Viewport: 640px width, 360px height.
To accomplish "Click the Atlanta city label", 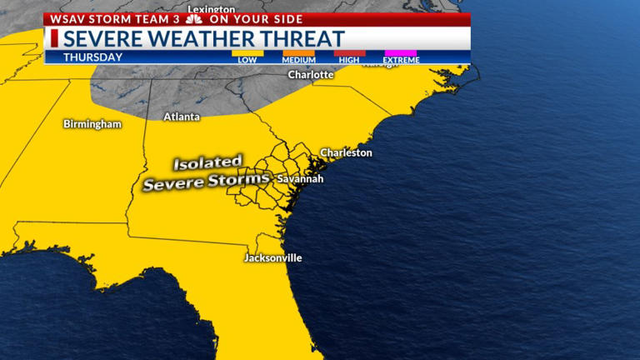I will click(182, 117).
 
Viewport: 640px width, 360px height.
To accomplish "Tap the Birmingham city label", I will click(92, 124).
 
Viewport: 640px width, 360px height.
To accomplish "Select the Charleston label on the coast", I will click(347, 153).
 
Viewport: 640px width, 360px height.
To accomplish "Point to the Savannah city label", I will click(300, 179).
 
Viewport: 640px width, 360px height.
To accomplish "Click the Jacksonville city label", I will click(272, 258).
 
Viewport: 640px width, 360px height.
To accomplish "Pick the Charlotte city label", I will click(311, 75).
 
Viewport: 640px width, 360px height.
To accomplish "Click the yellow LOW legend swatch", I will click(247, 53).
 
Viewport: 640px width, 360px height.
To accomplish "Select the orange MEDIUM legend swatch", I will click(298, 53).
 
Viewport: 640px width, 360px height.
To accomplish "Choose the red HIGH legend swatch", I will click(349, 53).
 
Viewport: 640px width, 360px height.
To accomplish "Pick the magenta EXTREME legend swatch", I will click(400, 53).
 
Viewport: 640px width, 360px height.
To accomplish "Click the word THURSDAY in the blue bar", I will click(92, 57).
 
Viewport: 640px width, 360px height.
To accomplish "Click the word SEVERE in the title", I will click(103, 39).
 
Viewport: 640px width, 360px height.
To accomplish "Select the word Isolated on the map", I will click(207, 162).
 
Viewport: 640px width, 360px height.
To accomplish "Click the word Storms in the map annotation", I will click(242, 181).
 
